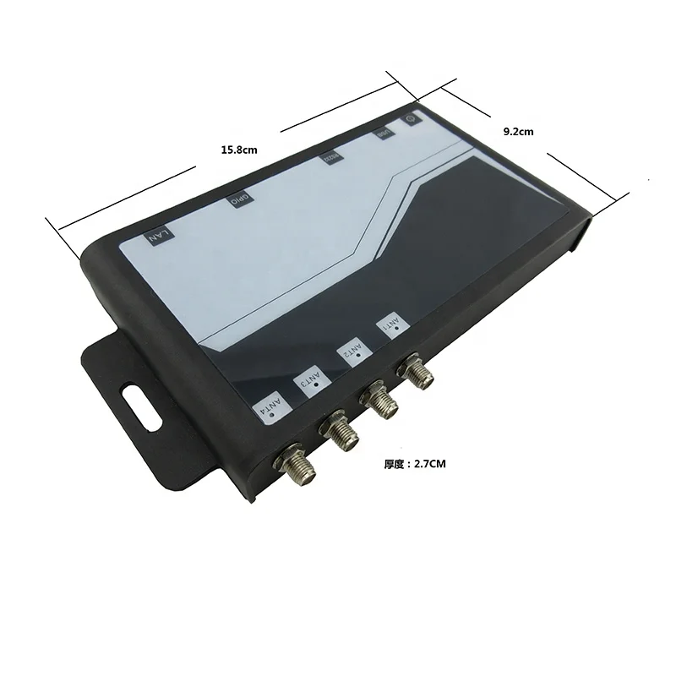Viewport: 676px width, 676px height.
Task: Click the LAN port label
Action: click(158, 235)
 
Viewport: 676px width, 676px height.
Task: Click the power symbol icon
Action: click(411, 119)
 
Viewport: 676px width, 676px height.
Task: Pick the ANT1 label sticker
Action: click(392, 327)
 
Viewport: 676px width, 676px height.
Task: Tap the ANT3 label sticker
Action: click(311, 379)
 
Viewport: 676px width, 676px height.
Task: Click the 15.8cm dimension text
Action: click(238, 150)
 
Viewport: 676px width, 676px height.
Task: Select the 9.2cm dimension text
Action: click(518, 131)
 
